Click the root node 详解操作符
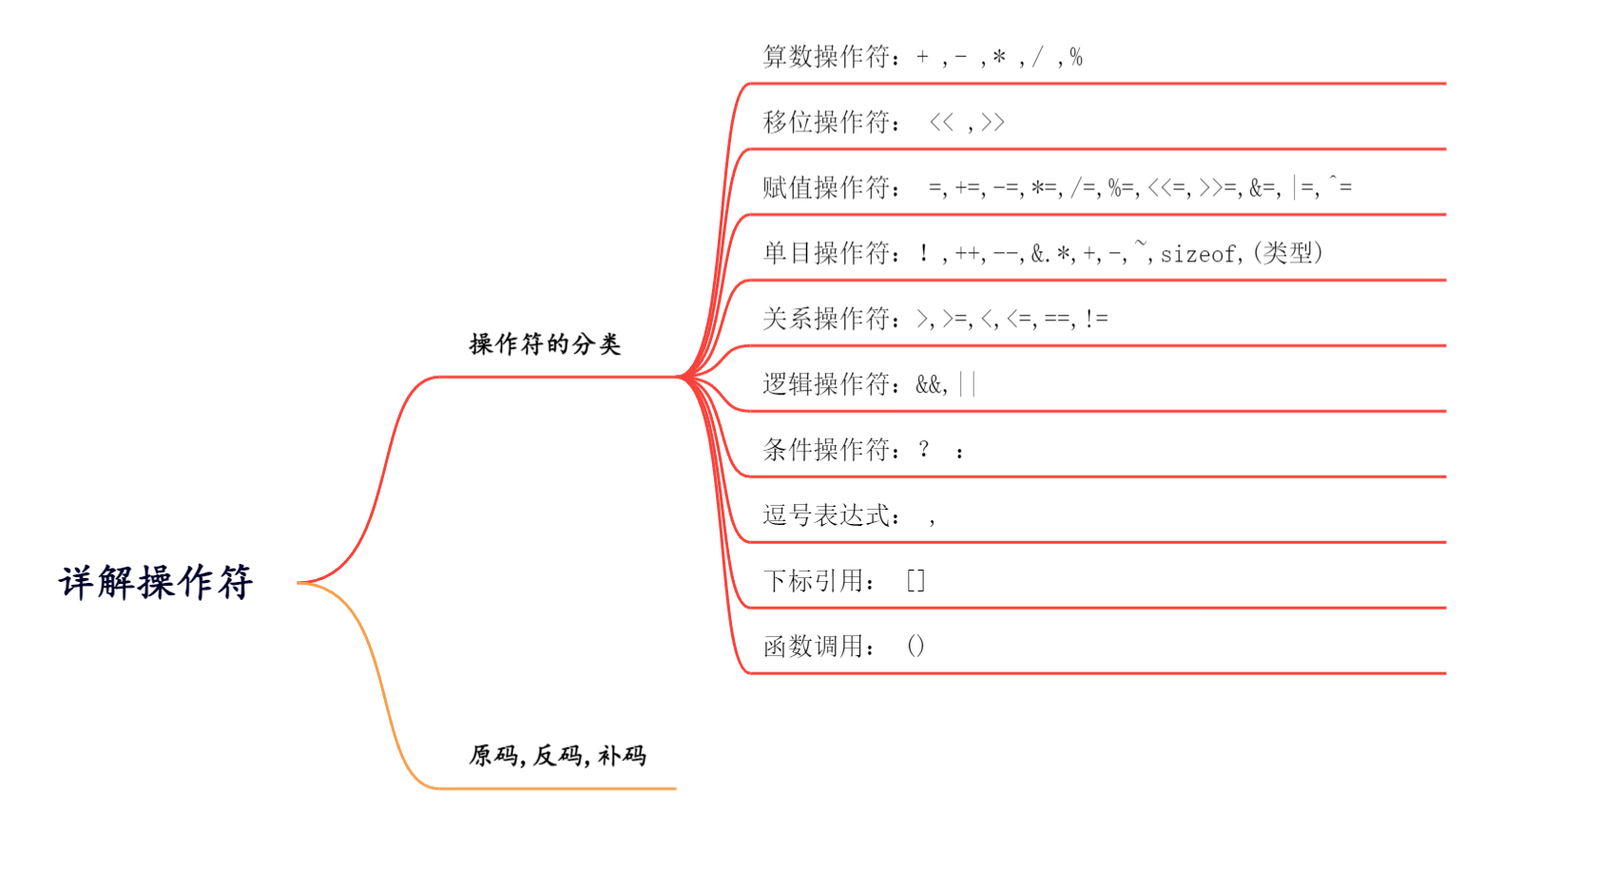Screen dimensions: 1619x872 pyautogui.click(x=156, y=582)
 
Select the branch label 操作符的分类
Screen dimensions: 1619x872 pyautogui.click(x=545, y=343)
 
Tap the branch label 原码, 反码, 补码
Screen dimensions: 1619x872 pyautogui.click(x=557, y=755)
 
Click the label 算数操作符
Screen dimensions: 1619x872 pyautogui.click(x=825, y=57)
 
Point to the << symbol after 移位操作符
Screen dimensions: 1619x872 pyautogui.click(x=941, y=123)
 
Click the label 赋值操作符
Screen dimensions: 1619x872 pyautogui.click(x=825, y=188)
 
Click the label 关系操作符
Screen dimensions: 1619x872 pyautogui.click(x=825, y=319)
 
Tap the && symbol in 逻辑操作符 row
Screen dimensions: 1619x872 pyautogui.click(x=930, y=384)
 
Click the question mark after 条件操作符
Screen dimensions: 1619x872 pyautogui.click(x=923, y=449)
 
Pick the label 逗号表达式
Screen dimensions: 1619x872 pyautogui.click(x=825, y=515)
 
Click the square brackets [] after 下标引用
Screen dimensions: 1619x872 pyautogui.click(x=916, y=580)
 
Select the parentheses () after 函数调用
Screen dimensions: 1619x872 pyautogui.click(x=916, y=647)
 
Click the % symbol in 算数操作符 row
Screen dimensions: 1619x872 pyautogui.click(x=1075, y=57)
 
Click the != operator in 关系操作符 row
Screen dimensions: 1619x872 pyautogui.click(x=1095, y=319)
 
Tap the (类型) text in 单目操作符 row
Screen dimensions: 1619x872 pyautogui.click(x=1288, y=253)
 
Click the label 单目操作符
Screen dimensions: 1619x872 pyautogui.click(x=825, y=253)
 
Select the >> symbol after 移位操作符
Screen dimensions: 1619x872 pyautogui.click(x=993, y=123)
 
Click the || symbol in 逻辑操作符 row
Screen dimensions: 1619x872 pyautogui.click(x=968, y=384)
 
